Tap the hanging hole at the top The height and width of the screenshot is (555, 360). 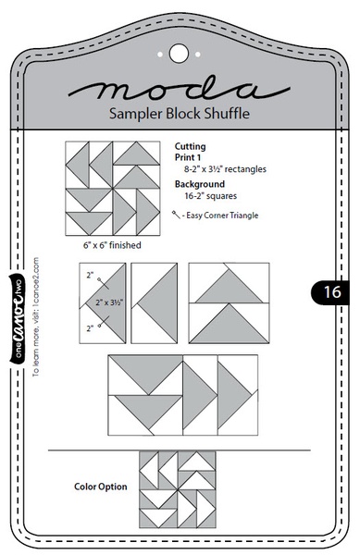click(x=179, y=52)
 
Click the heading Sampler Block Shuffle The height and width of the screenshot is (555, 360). click(x=179, y=114)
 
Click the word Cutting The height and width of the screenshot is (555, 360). click(x=190, y=146)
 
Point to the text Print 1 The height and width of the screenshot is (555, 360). click(x=191, y=157)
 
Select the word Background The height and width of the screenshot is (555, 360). click(x=200, y=184)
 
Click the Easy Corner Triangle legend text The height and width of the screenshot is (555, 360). click(x=222, y=215)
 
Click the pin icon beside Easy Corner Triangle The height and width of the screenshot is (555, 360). click(x=179, y=214)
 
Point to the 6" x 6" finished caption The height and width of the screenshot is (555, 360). click(x=107, y=247)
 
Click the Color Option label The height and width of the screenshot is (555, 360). click(x=99, y=486)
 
